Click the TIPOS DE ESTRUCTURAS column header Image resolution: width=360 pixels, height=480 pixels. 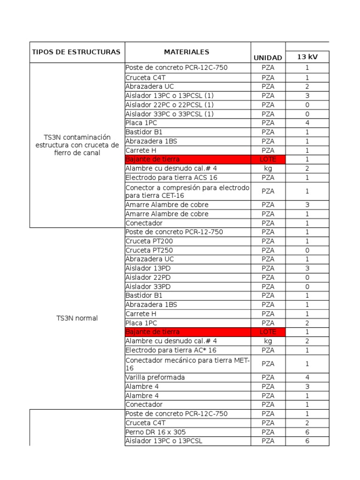pyautogui.click(x=76, y=52)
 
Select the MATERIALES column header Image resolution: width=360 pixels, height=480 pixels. pyautogui.click(x=187, y=52)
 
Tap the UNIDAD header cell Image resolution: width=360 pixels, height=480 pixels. pyautogui.click(x=268, y=58)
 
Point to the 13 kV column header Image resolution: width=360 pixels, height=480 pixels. pyautogui.click(x=307, y=57)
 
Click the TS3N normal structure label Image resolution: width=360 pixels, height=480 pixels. pyautogui.click(x=77, y=318)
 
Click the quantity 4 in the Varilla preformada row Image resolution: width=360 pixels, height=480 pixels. pyautogui.click(x=307, y=377)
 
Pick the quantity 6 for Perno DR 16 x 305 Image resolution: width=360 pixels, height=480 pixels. pyautogui.click(x=307, y=432)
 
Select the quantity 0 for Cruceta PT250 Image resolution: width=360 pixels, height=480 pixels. pyautogui.click(x=307, y=250)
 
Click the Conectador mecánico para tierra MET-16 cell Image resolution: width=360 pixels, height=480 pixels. pyautogui.click(x=187, y=364)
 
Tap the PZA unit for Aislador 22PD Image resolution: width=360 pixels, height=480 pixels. pyautogui.click(x=268, y=277)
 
